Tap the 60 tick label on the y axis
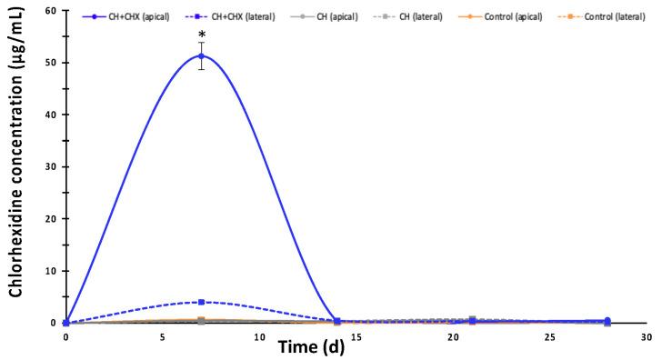50,11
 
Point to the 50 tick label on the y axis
50,63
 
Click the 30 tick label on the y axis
50,167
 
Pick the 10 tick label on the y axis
50,271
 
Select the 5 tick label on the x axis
162,336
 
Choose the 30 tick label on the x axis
646,336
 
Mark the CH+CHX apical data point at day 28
607,321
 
